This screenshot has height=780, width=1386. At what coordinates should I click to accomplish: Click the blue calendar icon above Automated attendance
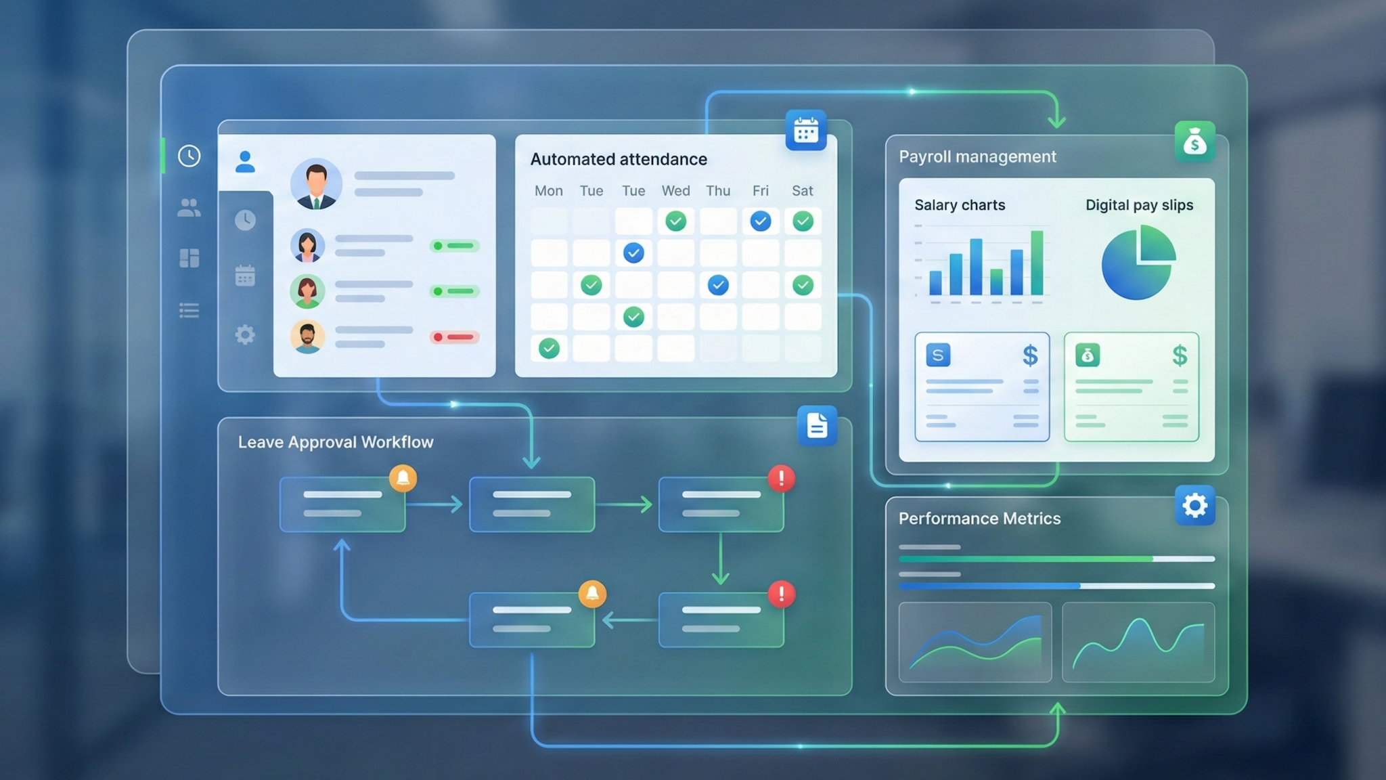click(805, 130)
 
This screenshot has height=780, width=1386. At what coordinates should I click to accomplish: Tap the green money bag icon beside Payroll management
click(1194, 142)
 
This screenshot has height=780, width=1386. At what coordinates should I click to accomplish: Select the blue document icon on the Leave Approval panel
click(817, 426)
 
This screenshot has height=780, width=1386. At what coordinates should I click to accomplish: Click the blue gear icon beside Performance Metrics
click(1194, 505)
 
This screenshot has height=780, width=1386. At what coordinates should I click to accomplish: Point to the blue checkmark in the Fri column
click(760, 221)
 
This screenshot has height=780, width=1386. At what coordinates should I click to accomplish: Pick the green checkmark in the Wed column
click(675, 221)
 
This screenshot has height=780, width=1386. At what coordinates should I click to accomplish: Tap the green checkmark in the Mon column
click(549, 349)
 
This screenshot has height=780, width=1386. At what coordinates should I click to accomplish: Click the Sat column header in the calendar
click(802, 191)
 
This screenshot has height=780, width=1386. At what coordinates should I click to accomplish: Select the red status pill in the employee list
click(454, 337)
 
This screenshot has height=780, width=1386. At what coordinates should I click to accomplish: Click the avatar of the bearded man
click(307, 337)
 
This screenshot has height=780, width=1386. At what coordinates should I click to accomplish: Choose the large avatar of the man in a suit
click(316, 184)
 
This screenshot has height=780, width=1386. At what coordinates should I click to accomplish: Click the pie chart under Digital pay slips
click(1138, 263)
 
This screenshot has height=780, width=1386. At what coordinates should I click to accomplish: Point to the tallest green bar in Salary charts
click(1036, 263)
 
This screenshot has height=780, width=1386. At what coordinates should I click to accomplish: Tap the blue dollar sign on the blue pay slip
click(1030, 355)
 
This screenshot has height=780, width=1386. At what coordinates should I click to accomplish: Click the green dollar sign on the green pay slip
click(1180, 355)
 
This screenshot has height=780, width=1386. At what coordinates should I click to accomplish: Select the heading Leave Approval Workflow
click(335, 442)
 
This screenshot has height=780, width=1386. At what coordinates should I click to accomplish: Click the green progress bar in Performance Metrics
click(1025, 559)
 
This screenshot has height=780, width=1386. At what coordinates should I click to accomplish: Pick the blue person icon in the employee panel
click(245, 162)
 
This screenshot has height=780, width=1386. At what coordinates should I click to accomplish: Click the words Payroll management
click(977, 157)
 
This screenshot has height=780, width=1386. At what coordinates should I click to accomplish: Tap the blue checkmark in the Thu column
click(718, 285)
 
